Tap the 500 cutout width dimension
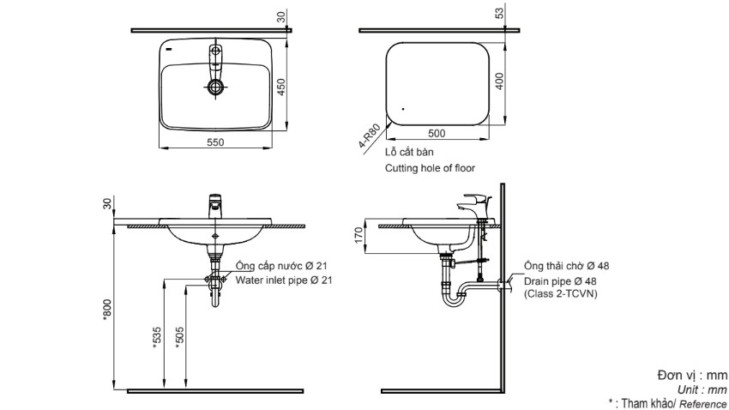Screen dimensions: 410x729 437,134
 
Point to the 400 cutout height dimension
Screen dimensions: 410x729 499,81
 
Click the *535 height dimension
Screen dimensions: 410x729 156,336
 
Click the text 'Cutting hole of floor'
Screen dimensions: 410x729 430,169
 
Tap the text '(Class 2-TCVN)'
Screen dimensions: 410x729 563,293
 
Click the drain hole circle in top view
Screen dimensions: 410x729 215,87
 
